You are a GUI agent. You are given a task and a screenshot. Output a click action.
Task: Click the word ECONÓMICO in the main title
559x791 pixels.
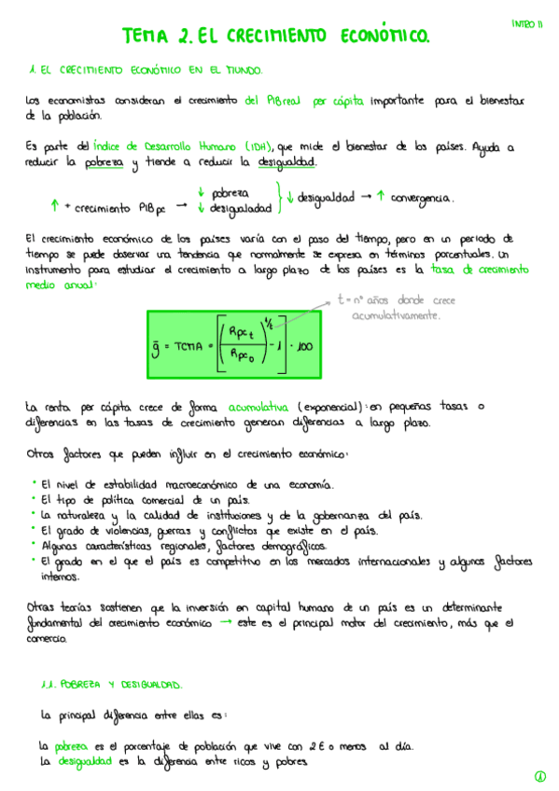click(x=378, y=36)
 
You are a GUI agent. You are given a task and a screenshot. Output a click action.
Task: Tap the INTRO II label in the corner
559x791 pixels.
click(x=526, y=23)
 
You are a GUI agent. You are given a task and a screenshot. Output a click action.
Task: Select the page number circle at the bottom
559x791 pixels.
click(x=539, y=776)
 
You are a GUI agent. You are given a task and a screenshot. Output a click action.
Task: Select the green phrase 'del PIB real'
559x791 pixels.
click(x=272, y=101)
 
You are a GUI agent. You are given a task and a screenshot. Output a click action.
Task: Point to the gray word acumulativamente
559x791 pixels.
click(x=397, y=317)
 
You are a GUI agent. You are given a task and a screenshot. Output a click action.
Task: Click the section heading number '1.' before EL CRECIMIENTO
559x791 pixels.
click(x=33, y=70)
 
